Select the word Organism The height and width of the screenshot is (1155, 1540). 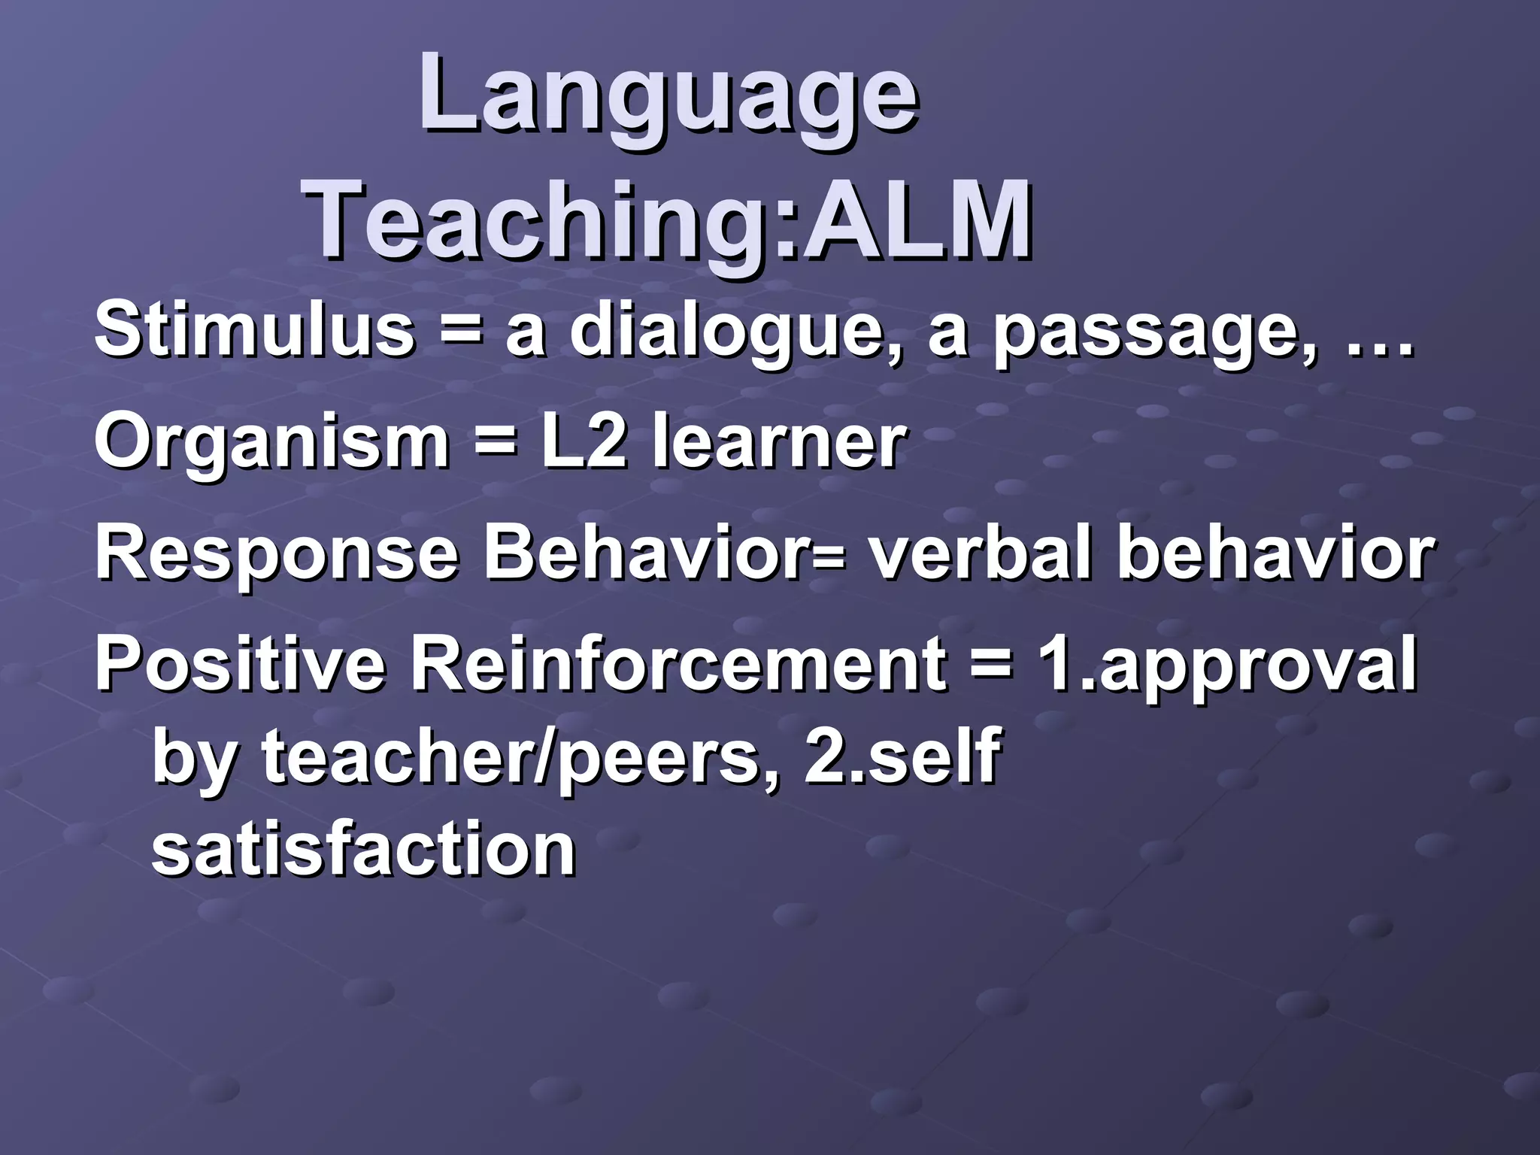click(x=271, y=444)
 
